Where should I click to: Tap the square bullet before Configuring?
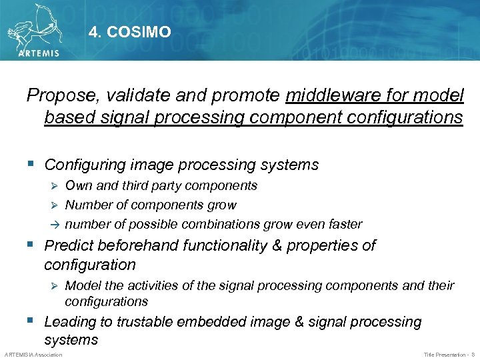click(31, 164)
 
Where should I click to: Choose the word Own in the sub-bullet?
click(79, 185)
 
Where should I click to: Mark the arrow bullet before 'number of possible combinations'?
click(56, 225)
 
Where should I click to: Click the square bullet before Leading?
click(31, 321)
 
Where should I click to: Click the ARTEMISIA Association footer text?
click(33, 355)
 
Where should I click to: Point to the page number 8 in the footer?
click(473, 355)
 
